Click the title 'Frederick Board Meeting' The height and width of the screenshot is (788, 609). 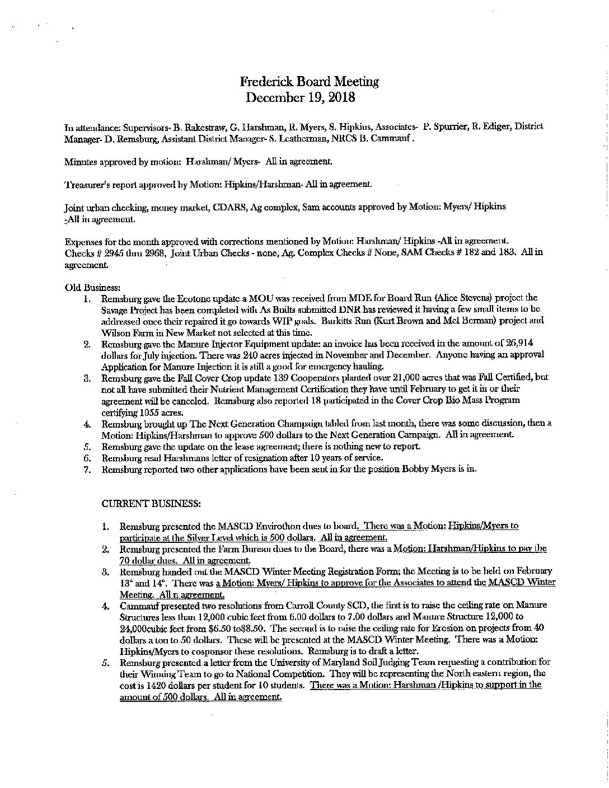tap(309, 82)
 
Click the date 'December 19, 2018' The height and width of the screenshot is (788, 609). tap(301, 97)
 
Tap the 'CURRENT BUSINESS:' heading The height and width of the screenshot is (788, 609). tap(151, 504)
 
